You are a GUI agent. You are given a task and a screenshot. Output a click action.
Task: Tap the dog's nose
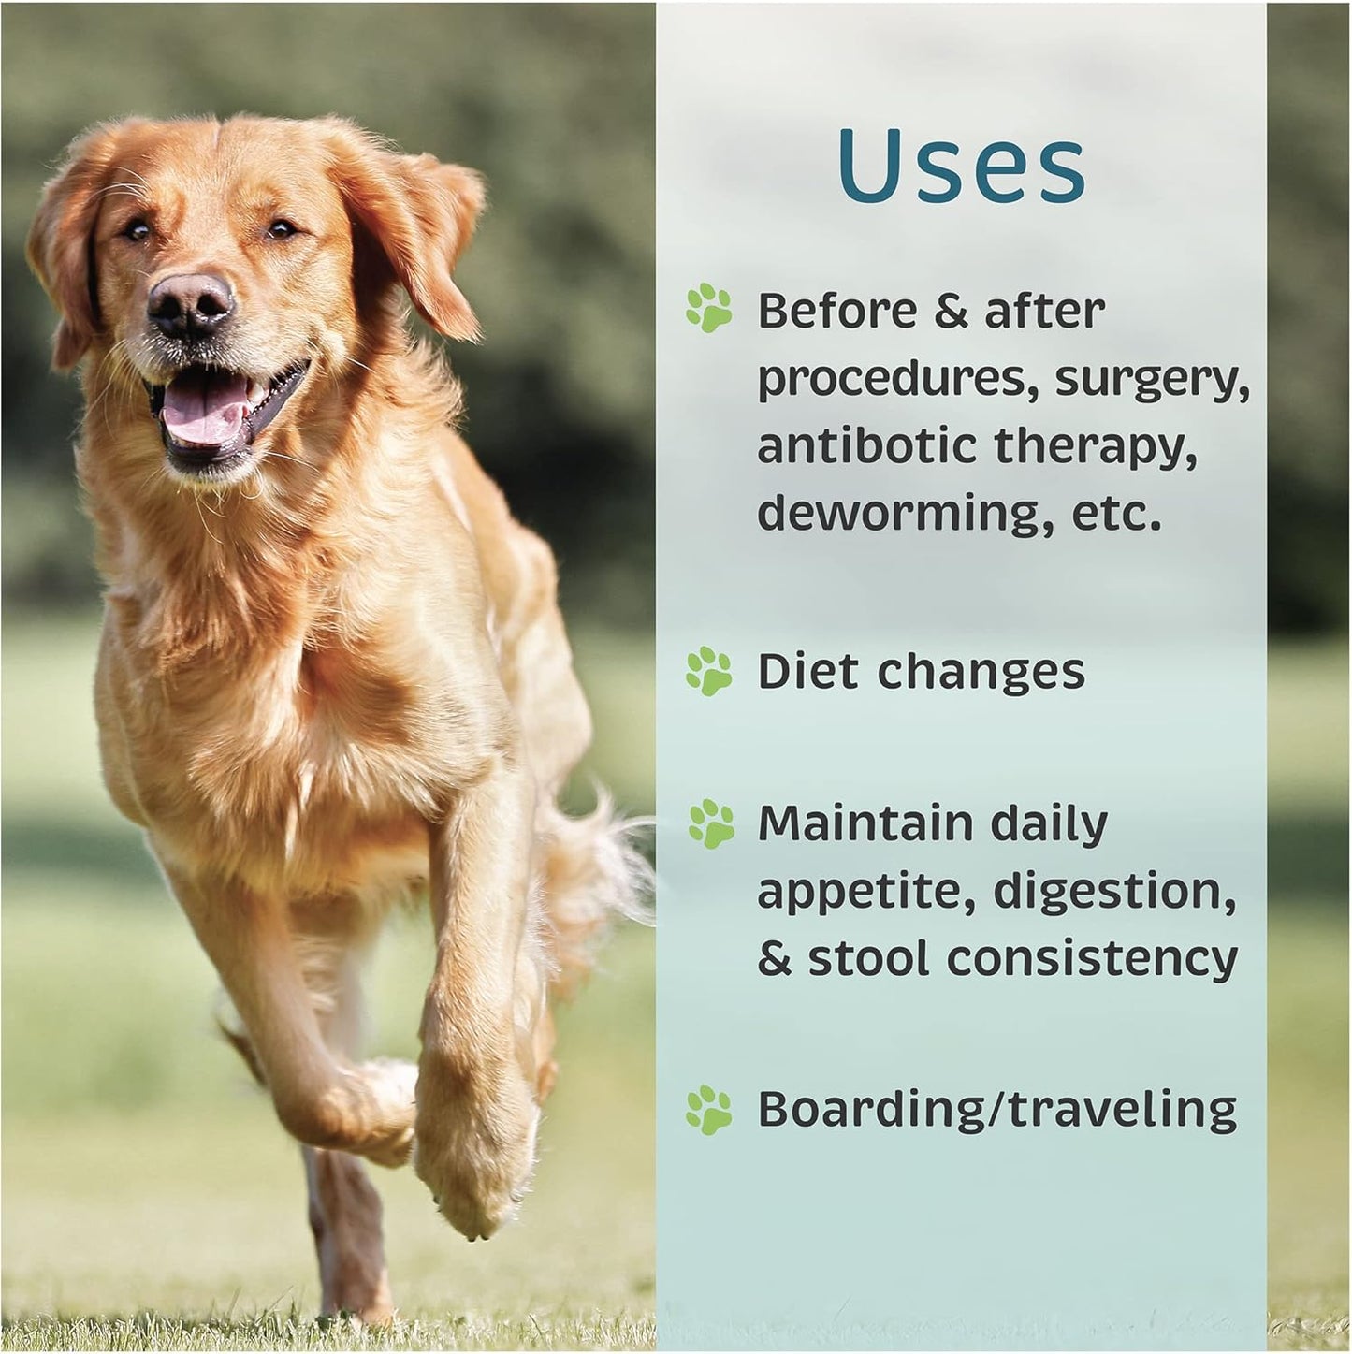(x=189, y=303)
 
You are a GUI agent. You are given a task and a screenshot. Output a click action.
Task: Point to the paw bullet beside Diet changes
(x=709, y=671)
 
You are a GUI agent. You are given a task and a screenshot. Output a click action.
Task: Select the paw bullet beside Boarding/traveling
(x=709, y=1110)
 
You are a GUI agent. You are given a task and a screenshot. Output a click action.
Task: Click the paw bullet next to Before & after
(x=709, y=310)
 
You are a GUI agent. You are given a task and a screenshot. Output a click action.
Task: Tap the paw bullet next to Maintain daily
(x=709, y=823)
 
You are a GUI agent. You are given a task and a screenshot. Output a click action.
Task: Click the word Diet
(x=807, y=671)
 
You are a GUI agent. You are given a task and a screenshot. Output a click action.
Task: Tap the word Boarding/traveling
(x=996, y=1110)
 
